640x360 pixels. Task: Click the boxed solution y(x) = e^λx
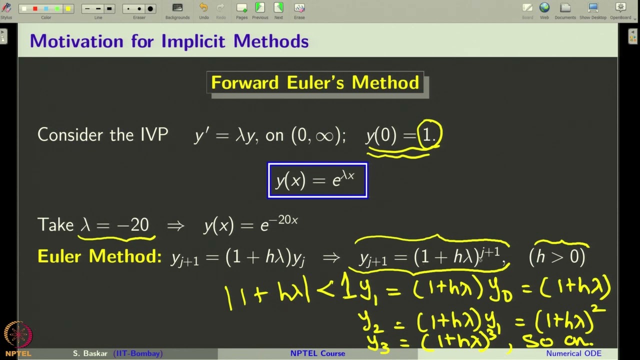click(x=317, y=180)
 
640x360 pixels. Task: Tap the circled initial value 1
click(x=429, y=135)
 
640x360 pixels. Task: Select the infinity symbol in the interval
click(x=324, y=135)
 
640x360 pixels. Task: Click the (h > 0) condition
click(x=556, y=257)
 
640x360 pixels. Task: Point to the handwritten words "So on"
click(x=557, y=341)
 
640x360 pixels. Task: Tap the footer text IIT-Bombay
click(x=138, y=353)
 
